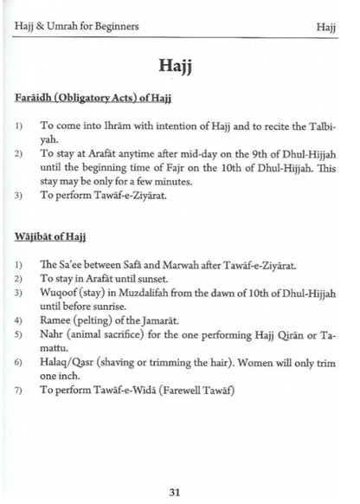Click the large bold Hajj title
[179, 66]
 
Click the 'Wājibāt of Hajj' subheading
[51, 235]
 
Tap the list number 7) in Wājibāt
[19, 392]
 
